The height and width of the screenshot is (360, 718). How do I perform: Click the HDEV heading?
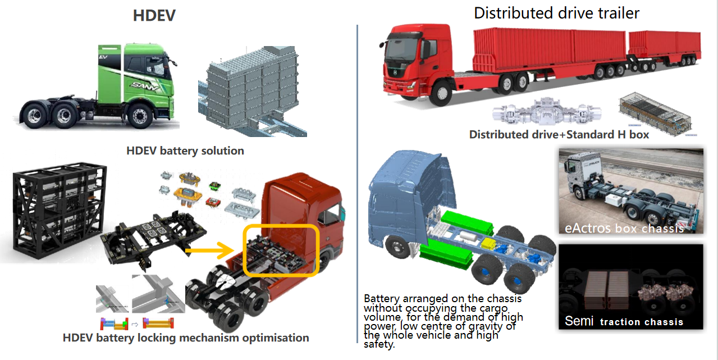(x=154, y=15)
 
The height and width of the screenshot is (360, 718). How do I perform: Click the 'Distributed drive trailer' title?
(x=556, y=13)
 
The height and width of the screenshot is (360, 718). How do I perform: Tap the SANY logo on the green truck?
(x=145, y=86)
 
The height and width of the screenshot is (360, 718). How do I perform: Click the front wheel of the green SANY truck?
(x=140, y=115)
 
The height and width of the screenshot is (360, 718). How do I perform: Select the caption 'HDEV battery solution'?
(x=185, y=151)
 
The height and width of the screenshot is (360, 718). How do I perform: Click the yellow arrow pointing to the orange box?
(x=211, y=250)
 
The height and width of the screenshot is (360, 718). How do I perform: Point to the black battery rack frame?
(x=60, y=211)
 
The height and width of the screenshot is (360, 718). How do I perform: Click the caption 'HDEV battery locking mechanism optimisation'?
(x=186, y=338)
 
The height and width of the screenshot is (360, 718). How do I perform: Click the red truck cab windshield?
(x=401, y=49)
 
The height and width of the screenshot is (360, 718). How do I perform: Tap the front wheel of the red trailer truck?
(x=442, y=93)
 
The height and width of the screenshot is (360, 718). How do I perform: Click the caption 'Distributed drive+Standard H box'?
(x=559, y=135)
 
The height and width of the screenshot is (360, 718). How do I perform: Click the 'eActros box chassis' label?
(x=624, y=228)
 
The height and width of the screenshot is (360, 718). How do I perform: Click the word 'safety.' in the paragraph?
(x=379, y=344)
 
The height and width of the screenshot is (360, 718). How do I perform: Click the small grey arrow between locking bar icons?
(x=135, y=325)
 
